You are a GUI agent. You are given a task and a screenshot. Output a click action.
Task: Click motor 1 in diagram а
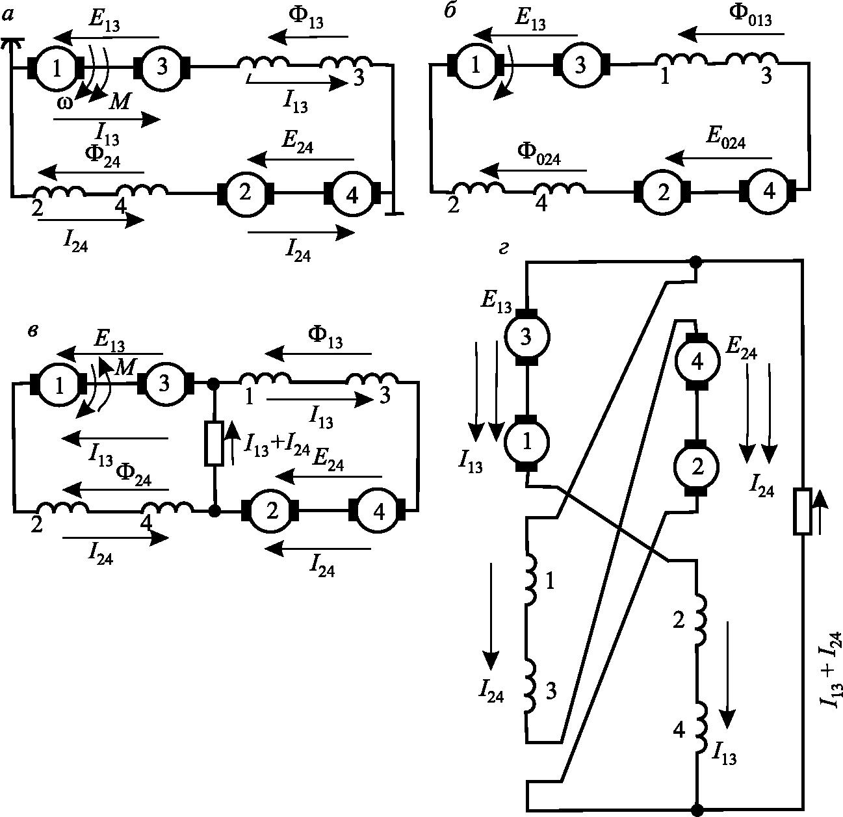56,66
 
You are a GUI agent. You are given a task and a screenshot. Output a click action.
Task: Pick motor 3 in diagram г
528,336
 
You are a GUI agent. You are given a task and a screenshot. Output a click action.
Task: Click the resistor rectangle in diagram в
214,443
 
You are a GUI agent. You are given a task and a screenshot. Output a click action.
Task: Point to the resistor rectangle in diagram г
803,512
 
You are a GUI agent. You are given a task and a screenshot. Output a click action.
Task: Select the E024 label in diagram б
726,140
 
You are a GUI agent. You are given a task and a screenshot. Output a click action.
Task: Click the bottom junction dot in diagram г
696,809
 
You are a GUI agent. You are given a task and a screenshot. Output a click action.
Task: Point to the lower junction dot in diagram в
214,510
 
